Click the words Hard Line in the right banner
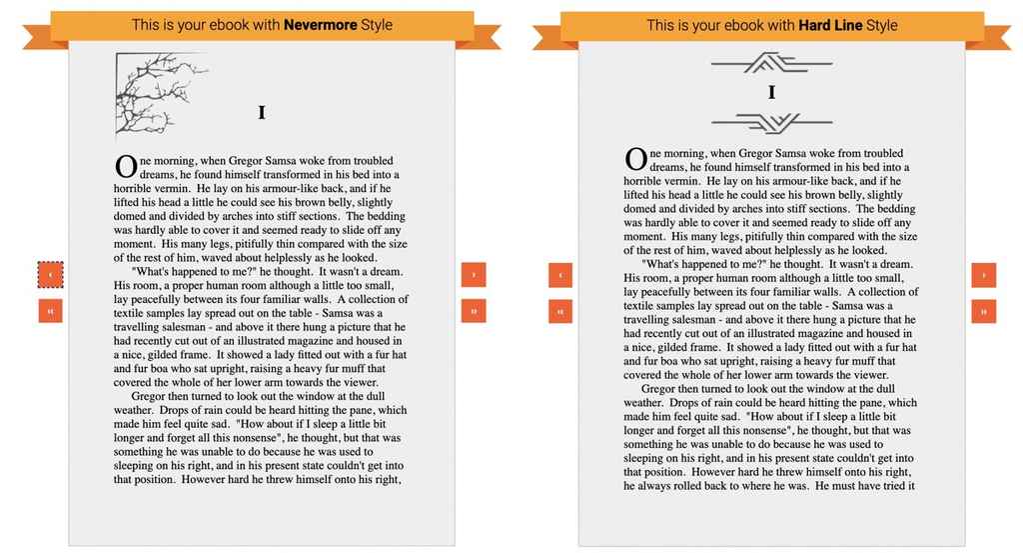pyautogui.click(x=830, y=25)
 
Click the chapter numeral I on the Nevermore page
pyautogui.click(x=262, y=113)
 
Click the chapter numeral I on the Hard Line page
pyautogui.click(x=771, y=93)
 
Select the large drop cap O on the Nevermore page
pyautogui.click(x=126, y=166)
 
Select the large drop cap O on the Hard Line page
pyautogui.click(x=635, y=159)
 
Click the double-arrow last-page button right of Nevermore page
pyautogui.click(x=473, y=311)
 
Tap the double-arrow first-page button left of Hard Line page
pyautogui.click(x=560, y=311)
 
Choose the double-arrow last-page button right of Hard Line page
pyautogui.click(x=983, y=311)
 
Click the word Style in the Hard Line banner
pyautogui.click(x=882, y=25)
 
